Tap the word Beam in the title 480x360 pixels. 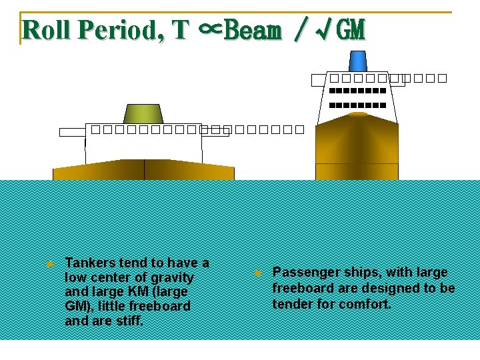[x=253, y=29]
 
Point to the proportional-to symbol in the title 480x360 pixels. [x=209, y=29]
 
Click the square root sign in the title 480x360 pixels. [x=326, y=29]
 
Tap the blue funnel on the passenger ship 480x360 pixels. [x=358, y=61]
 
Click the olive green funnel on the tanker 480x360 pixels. [x=143, y=114]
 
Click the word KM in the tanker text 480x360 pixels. [x=135, y=292]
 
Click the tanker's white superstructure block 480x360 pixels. [x=143, y=147]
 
